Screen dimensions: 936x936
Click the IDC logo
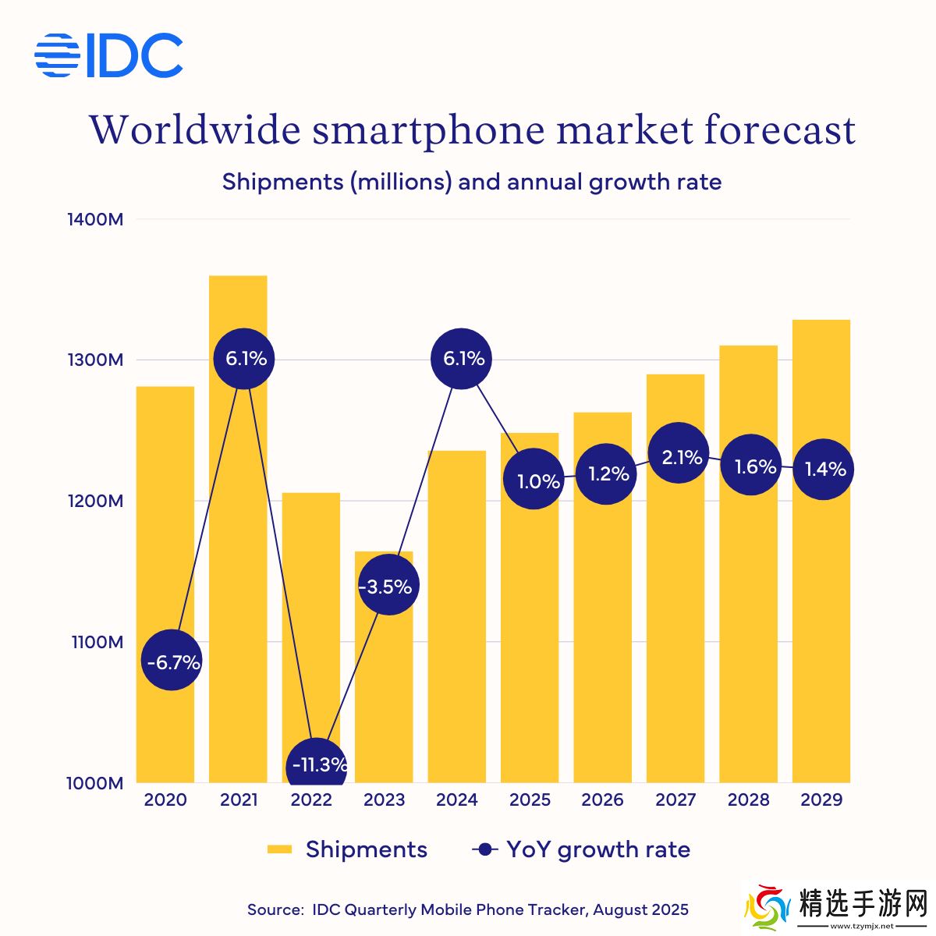(x=108, y=55)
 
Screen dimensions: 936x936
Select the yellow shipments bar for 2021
(x=238, y=546)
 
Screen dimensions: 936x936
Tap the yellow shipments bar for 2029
(x=821, y=624)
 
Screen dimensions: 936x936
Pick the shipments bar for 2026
(x=602, y=624)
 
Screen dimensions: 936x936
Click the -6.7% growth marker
(x=172, y=661)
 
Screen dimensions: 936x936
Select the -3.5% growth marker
(x=388, y=586)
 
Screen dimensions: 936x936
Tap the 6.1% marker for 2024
(x=462, y=359)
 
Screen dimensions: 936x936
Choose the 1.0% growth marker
(x=534, y=480)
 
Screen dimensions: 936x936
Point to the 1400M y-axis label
(x=95, y=219)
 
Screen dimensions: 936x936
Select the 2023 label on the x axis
(x=384, y=800)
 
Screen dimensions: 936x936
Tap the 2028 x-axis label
(x=748, y=800)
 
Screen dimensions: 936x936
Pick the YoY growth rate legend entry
(x=582, y=849)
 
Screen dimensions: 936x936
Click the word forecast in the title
(x=780, y=129)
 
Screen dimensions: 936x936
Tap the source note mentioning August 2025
(x=468, y=909)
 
